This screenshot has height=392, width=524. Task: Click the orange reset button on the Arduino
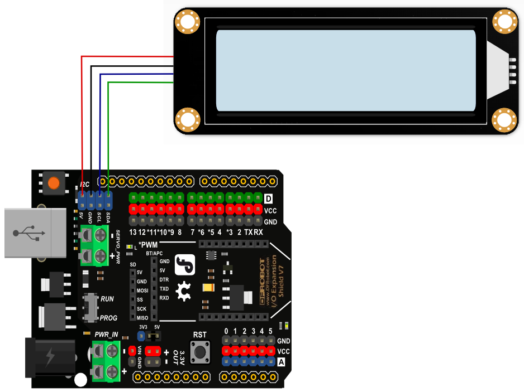[54, 182]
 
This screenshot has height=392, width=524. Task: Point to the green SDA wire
[108, 134]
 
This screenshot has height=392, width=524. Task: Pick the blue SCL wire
[100, 128]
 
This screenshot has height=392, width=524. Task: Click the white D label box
[269, 199]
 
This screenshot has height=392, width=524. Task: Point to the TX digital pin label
[248, 232]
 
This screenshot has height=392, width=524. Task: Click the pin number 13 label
[133, 232]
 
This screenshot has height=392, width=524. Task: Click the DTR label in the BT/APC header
[164, 279]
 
